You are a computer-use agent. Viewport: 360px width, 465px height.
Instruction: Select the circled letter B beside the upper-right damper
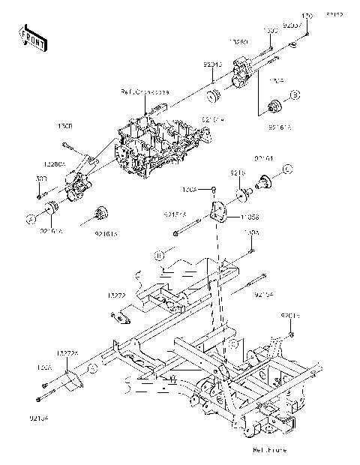(295, 94)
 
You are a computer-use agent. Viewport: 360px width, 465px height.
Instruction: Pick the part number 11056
(250, 217)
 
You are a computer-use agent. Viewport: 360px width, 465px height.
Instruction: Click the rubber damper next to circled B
(274, 104)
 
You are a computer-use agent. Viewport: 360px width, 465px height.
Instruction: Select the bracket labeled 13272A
(72, 382)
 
